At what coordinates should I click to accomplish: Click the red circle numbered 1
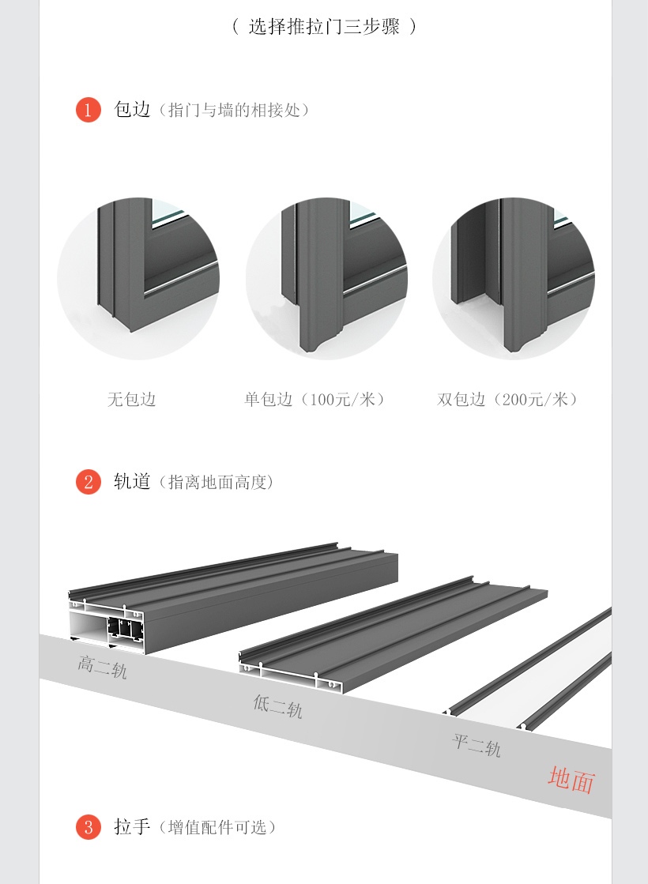tap(89, 110)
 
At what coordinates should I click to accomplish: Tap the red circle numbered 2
tap(89, 481)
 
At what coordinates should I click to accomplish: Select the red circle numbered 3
tap(89, 827)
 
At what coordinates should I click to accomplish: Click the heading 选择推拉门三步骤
tap(325, 26)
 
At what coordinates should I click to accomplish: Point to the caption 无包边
tap(132, 400)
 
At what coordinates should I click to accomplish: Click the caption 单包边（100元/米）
tap(315, 400)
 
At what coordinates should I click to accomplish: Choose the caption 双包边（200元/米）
tap(508, 400)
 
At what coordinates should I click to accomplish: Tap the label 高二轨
tap(102, 667)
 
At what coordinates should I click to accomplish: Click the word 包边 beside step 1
tap(132, 109)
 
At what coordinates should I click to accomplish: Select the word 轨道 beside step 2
tap(132, 481)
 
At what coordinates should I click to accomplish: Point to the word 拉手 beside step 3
tap(132, 827)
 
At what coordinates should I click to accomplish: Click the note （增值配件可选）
tap(218, 828)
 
